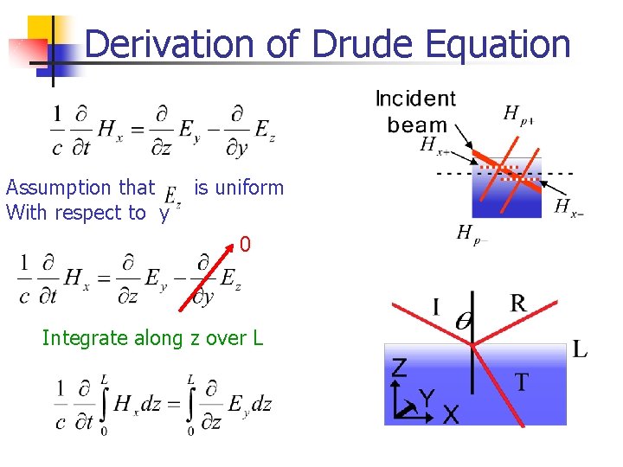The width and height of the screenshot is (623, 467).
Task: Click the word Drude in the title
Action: (x=369, y=44)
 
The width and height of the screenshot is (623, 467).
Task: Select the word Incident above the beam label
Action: (x=415, y=99)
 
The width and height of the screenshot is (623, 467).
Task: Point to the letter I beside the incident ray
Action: (x=435, y=307)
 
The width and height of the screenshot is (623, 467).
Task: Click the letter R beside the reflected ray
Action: (x=517, y=303)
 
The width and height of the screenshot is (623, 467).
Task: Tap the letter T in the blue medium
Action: (x=522, y=381)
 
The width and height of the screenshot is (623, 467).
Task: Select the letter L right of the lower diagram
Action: (x=580, y=350)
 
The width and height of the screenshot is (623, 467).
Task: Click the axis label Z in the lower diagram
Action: (x=398, y=368)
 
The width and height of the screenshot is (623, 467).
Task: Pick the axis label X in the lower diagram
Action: (x=451, y=415)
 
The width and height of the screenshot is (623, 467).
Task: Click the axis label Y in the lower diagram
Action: (x=426, y=397)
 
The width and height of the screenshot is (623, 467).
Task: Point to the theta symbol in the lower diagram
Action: (x=464, y=321)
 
